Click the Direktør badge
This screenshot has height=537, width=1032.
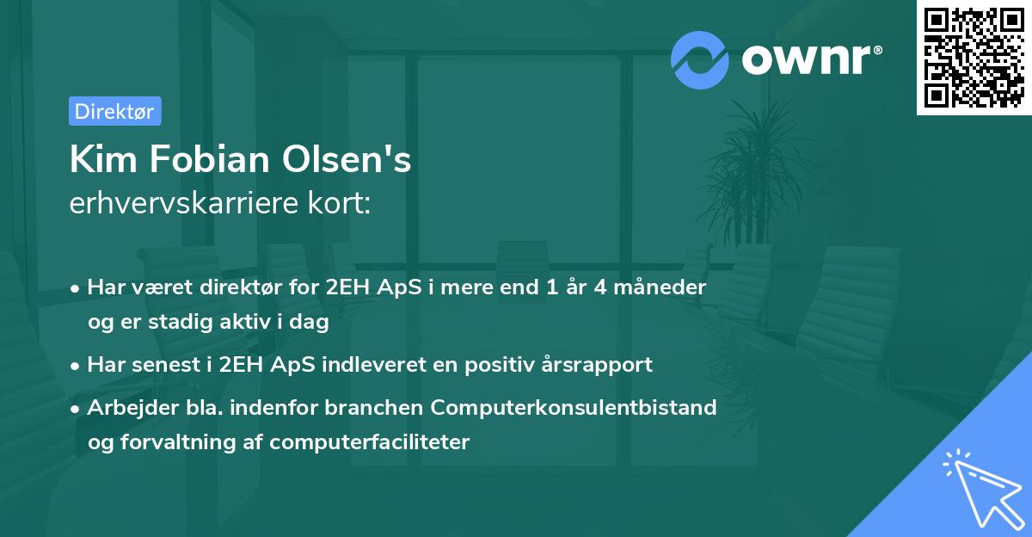(x=114, y=111)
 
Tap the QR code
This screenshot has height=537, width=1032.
(x=973, y=59)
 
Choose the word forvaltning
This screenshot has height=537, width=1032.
(x=181, y=442)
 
